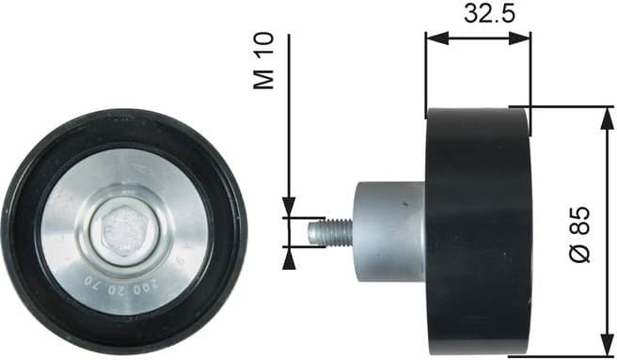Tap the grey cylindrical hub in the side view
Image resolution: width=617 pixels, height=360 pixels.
pyautogui.click(x=388, y=230)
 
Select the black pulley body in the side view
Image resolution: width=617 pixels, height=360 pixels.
pyautogui.click(x=478, y=230)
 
